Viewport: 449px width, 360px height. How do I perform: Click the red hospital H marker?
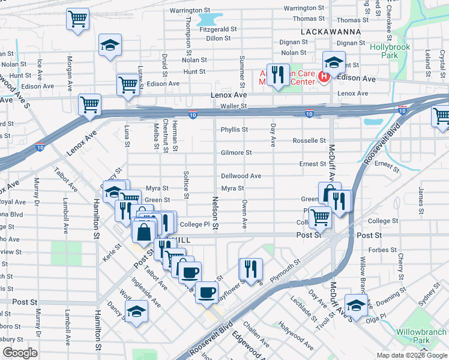click(324, 76)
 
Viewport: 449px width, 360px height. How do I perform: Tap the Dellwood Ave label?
click(241, 176)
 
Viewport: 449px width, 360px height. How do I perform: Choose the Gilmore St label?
click(235, 152)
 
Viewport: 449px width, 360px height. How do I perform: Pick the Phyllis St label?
click(234, 129)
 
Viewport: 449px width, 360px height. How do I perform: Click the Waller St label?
click(234, 106)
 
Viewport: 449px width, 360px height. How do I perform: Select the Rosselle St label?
click(309, 140)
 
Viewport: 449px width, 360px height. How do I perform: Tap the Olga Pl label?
click(383, 305)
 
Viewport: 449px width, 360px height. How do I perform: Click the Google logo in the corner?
click(20, 353)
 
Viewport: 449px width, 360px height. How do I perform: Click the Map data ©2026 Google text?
click(412, 355)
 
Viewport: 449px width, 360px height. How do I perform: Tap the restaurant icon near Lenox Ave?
click(277, 75)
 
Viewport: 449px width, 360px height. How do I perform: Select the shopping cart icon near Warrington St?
click(77, 19)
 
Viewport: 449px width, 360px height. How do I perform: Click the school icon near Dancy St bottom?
click(136, 311)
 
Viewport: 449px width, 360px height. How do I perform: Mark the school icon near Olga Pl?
click(356, 305)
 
